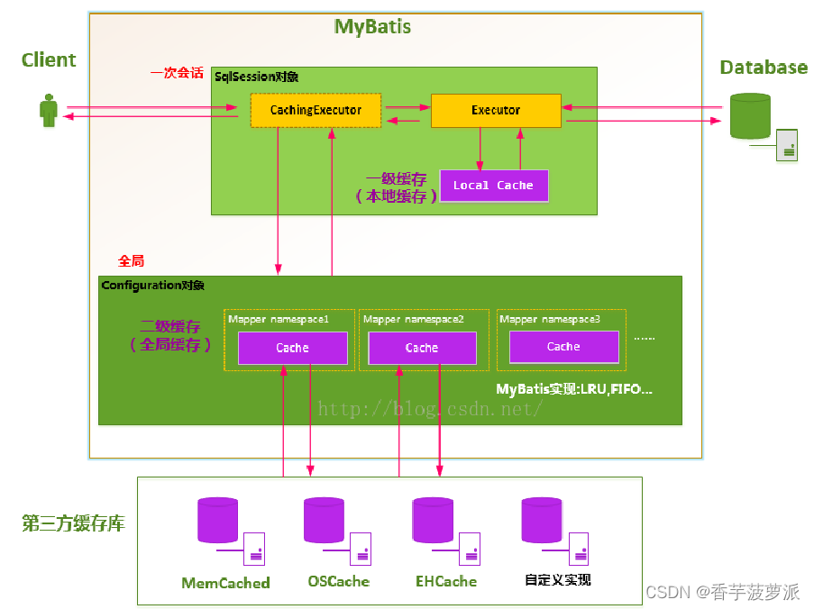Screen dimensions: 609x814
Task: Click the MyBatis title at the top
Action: [x=372, y=27]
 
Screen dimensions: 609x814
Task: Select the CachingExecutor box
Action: [x=316, y=110]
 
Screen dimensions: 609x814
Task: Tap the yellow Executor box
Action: [x=496, y=110]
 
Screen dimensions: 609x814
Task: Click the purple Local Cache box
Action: [x=493, y=185]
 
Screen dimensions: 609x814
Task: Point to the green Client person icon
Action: [x=49, y=113]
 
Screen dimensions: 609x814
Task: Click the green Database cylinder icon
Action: [x=749, y=116]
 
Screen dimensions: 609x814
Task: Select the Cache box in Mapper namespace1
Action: [x=292, y=348]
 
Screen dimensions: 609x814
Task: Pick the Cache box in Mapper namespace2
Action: [x=421, y=348]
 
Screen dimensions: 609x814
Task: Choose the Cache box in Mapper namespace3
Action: [x=563, y=347]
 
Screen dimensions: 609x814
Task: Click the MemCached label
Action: [x=225, y=583]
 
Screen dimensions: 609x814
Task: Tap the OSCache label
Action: [x=338, y=582]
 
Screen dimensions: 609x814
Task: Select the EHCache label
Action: [x=446, y=582]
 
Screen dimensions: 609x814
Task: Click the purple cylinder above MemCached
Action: [x=217, y=521]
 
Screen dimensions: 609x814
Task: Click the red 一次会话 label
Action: [x=177, y=73]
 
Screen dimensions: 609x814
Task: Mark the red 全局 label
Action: [x=132, y=260]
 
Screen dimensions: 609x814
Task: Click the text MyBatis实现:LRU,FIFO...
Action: [x=574, y=389]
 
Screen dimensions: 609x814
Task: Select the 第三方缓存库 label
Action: [x=73, y=523]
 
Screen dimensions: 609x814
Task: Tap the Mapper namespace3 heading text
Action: [x=550, y=319]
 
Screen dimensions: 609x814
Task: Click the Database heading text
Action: [x=764, y=68]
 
